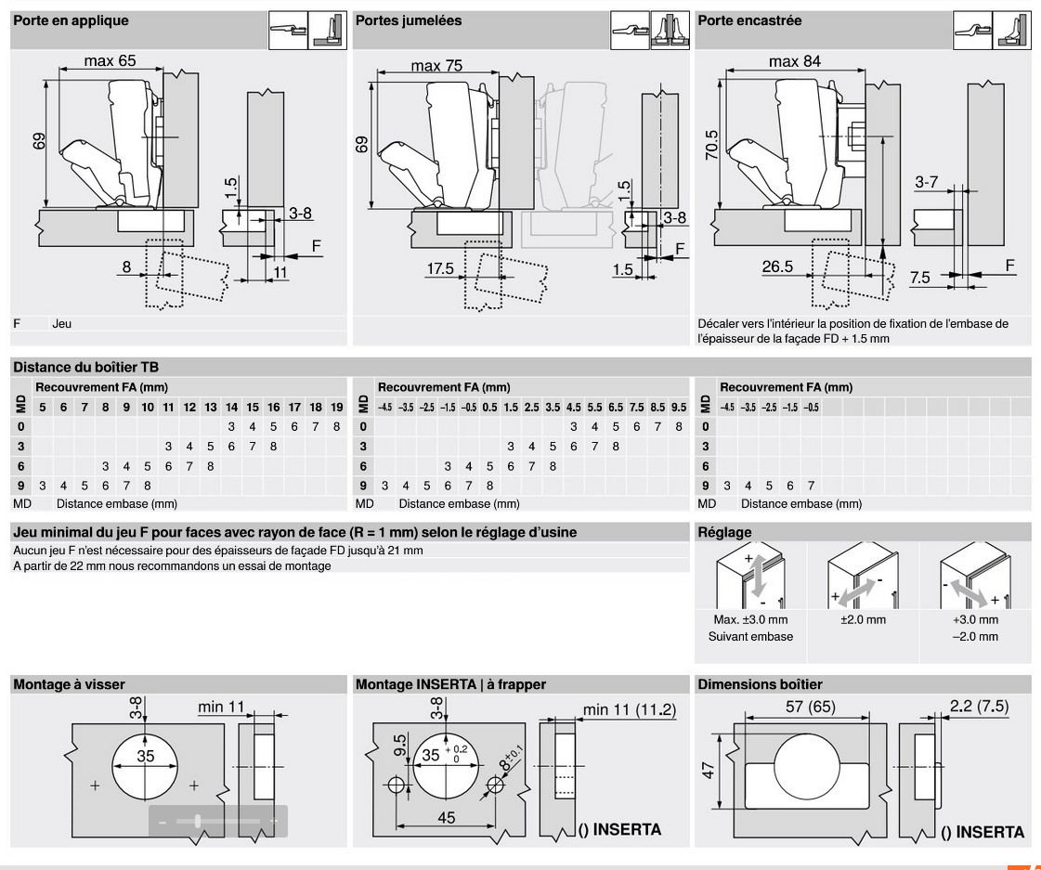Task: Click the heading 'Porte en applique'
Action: (x=70, y=20)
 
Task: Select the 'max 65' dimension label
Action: (x=110, y=61)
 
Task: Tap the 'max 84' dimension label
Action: (x=795, y=61)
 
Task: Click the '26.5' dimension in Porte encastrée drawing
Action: (x=777, y=266)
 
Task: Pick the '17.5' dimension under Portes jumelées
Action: (x=440, y=268)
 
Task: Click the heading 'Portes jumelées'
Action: (x=409, y=20)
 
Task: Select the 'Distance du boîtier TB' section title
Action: (x=79, y=367)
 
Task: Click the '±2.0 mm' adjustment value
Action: (x=863, y=619)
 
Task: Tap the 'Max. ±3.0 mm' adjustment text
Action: (x=751, y=619)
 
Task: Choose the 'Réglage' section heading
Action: (x=724, y=532)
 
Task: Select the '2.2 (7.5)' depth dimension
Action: (x=979, y=708)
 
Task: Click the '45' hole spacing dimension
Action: (x=447, y=818)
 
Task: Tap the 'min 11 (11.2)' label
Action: (x=630, y=709)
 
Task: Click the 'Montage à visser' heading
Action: (x=69, y=684)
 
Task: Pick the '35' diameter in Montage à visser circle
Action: (x=146, y=756)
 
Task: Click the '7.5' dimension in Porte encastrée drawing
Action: (x=920, y=277)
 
